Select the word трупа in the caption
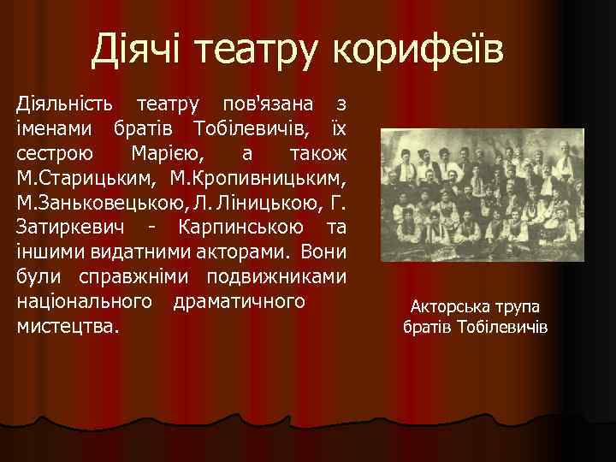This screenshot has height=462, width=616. pyautogui.click(x=516, y=307)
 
